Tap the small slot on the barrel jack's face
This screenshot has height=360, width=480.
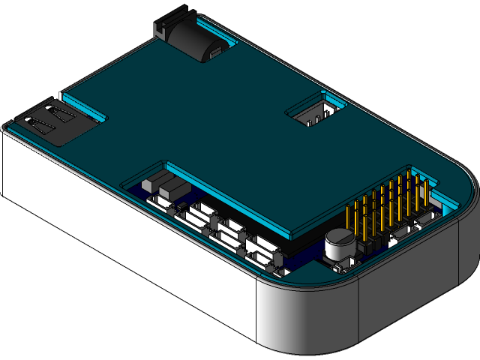tap(215, 53)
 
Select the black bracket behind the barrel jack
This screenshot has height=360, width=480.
tap(169, 22)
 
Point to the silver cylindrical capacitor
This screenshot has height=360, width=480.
tap(340, 244)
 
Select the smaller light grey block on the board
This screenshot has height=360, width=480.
tap(150, 182)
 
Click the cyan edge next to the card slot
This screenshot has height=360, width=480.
tap(82, 104)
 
